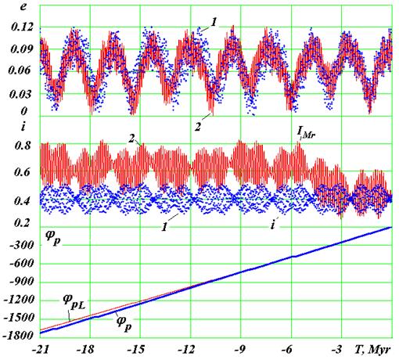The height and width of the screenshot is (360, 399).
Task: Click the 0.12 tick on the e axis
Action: tap(22, 27)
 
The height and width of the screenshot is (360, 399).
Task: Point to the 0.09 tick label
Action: tap(22, 49)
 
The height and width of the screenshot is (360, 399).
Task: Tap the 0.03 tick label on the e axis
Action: tap(22, 94)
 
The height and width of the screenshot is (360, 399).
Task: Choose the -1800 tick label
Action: tap(19, 336)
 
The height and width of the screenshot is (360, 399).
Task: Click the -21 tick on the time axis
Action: tap(41, 350)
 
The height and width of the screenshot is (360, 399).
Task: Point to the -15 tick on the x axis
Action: tap(136, 350)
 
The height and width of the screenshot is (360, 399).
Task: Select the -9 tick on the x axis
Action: tap(239, 350)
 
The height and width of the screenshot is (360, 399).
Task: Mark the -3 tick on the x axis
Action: tap(337, 350)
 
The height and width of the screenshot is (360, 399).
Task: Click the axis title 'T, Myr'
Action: tap(373, 350)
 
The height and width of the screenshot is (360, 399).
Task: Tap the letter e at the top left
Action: tap(23, 6)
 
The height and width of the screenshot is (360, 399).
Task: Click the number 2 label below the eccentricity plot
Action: tap(198, 127)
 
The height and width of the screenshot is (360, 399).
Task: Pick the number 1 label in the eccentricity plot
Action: tap(214, 23)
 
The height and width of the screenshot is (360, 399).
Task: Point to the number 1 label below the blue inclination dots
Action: tap(164, 227)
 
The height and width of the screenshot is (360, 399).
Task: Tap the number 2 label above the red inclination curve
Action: tap(131, 139)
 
